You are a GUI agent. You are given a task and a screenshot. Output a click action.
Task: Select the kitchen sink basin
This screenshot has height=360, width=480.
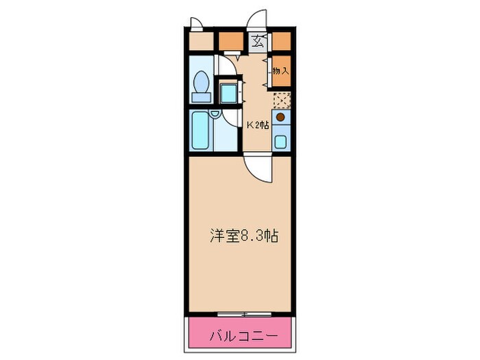[x=280, y=143]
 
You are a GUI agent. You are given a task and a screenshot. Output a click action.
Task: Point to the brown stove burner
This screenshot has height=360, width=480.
[x=280, y=117]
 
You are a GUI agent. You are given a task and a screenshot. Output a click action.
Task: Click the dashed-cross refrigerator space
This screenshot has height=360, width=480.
[x=281, y=99]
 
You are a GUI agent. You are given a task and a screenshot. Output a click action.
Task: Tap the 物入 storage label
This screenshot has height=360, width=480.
[x=280, y=70]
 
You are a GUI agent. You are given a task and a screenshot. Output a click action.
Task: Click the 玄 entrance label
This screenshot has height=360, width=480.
[x=257, y=41]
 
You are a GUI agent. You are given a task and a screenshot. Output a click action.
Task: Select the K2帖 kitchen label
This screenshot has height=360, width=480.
[x=258, y=125]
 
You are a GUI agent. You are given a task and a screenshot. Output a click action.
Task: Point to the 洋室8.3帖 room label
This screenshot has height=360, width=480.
[x=243, y=236]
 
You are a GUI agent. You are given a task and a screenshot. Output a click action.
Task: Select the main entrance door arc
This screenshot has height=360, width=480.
[x=257, y=19]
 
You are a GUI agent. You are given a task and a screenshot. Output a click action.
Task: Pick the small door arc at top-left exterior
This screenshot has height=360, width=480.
[x=197, y=23]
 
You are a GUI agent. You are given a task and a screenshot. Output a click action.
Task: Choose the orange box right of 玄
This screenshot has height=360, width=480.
[x=281, y=41]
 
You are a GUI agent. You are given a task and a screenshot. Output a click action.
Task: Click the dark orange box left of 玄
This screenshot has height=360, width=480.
[x=231, y=41]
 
